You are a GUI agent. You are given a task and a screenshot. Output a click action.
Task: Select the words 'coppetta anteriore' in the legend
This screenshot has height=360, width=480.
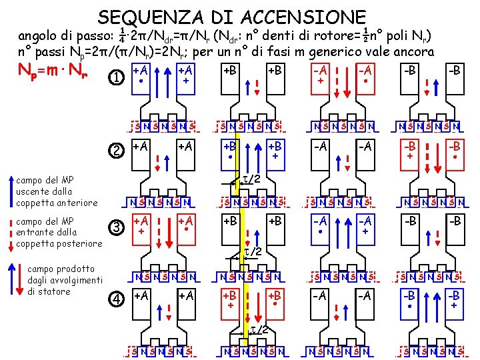pyautogui.click(x=56, y=203)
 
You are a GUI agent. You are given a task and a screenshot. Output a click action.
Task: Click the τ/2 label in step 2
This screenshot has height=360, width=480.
pyautogui.click(x=250, y=177)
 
